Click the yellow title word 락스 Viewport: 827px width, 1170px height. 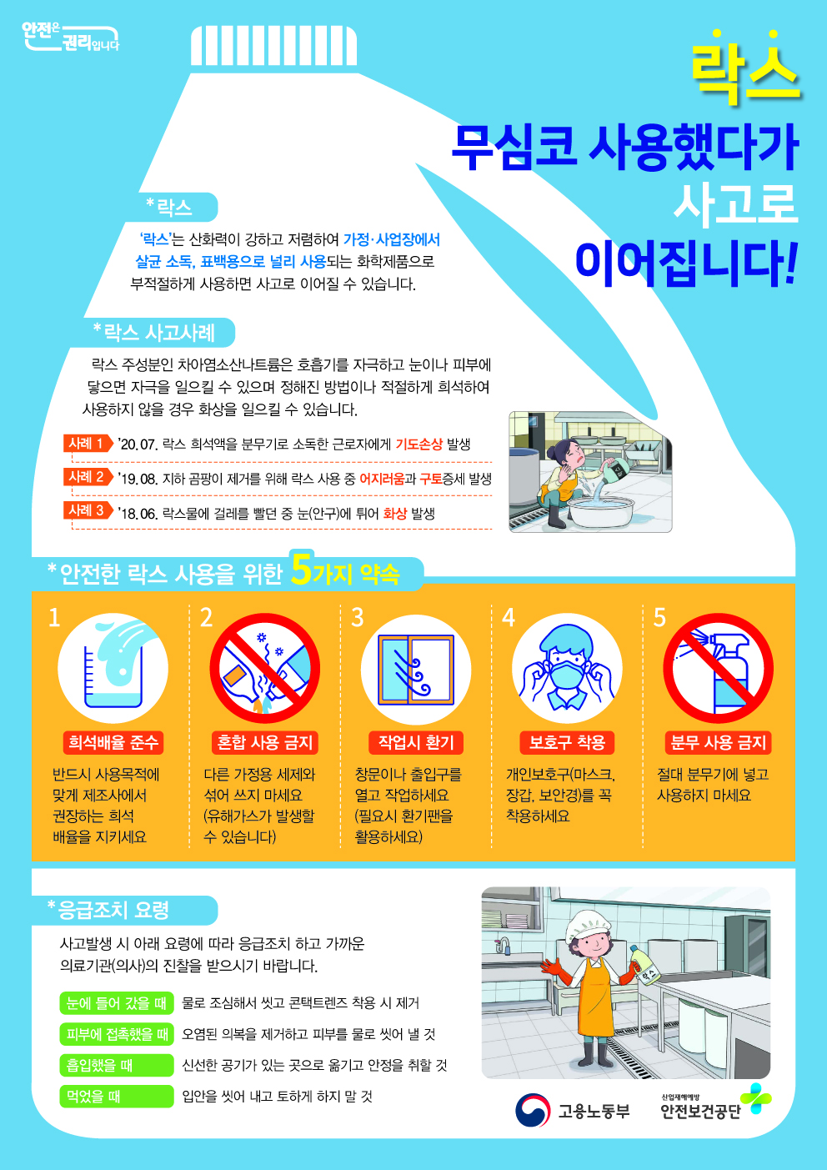[747, 67]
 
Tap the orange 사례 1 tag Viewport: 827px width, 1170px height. [88, 444]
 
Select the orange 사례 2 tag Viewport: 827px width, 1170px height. [88, 477]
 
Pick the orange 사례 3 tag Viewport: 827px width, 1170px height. [88, 510]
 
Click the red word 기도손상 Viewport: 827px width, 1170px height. [419, 444]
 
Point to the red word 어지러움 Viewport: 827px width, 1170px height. [382, 479]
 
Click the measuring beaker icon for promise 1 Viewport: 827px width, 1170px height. [113, 669]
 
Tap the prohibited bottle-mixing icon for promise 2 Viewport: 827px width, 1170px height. [265, 669]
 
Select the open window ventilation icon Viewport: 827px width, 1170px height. [416, 669]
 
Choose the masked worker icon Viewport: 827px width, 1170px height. [567, 669]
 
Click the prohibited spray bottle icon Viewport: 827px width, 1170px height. [719, 669]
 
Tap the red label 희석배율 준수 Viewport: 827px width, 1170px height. [113, 742]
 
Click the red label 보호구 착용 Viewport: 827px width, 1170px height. [567, 742]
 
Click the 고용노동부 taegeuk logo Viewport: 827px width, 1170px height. [533, 1110]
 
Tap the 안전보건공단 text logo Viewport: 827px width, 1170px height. [700, 1111]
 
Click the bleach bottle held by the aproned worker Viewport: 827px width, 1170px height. [644, 966]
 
